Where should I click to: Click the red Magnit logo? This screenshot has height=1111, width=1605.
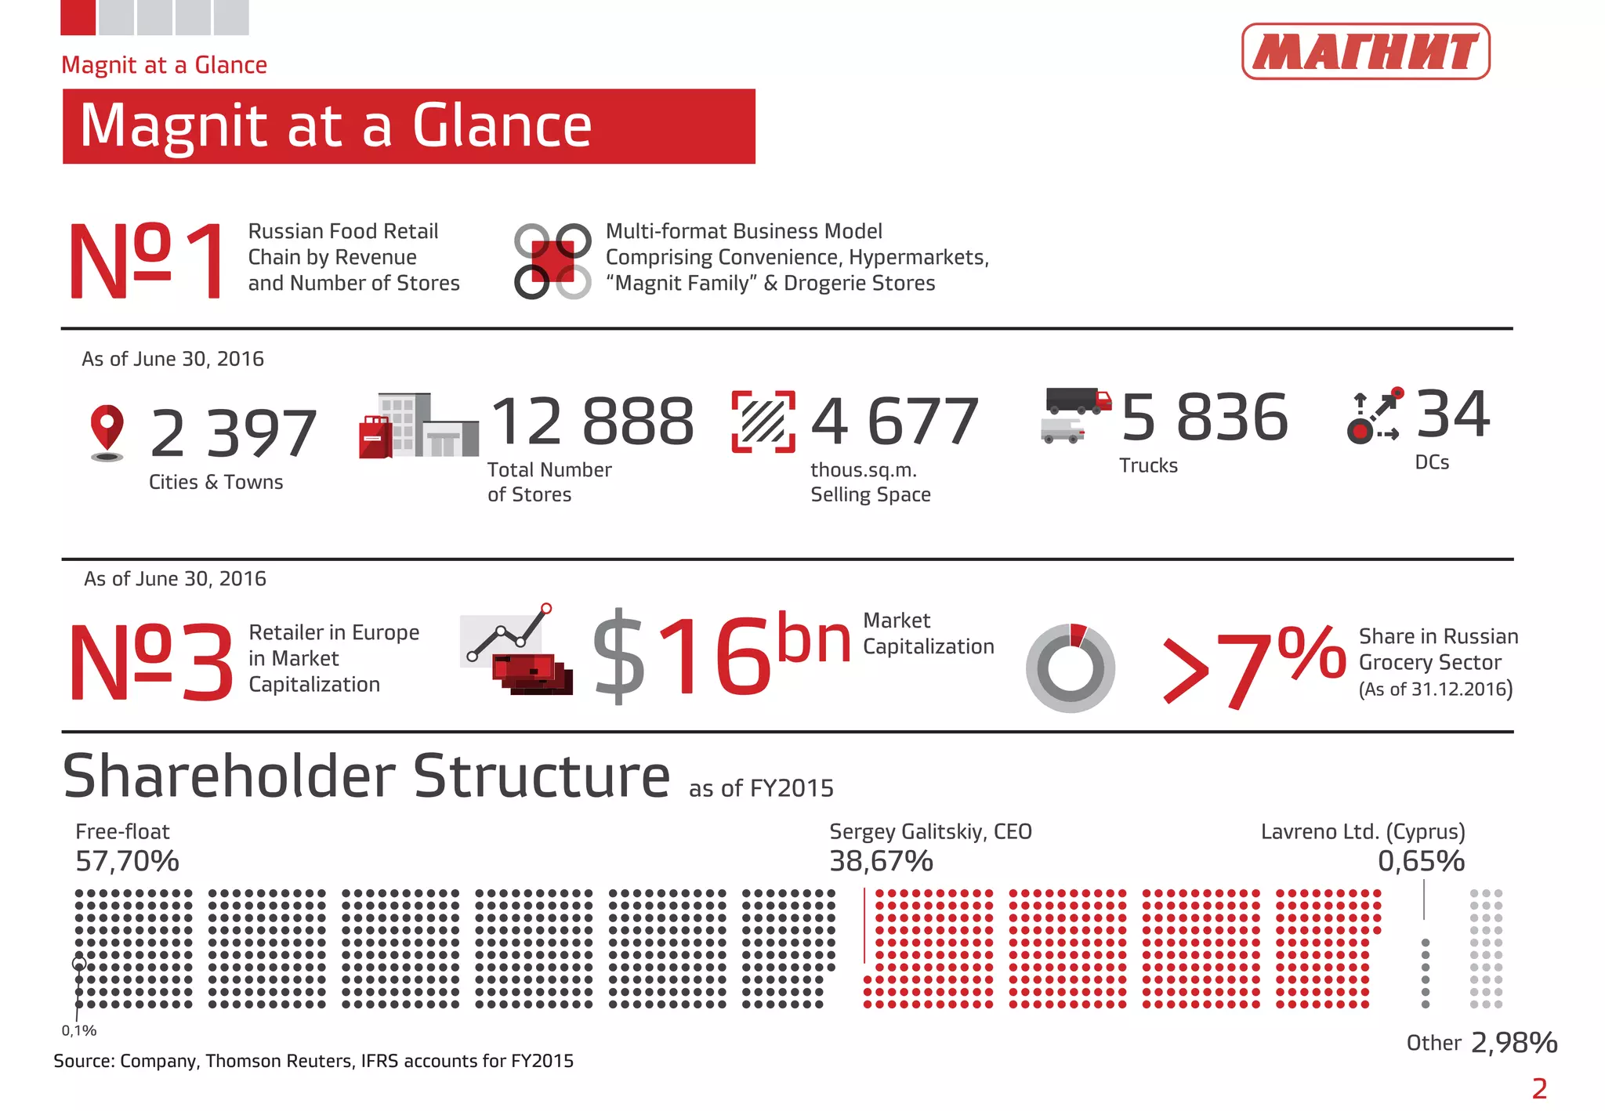click(x=1365, y=52)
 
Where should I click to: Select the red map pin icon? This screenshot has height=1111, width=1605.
click(x=107, y=428)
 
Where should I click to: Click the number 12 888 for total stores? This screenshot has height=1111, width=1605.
click(x=592, y=422)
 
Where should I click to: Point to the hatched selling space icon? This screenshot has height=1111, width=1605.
click(x=763, y=422)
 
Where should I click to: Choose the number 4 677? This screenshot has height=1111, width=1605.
click(x=894, y=422)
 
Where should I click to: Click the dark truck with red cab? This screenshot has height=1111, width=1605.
click(x=1078, y=400)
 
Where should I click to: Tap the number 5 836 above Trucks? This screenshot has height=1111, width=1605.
click(x=1205, y=418)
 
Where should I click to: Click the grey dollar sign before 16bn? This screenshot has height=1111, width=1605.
click(x=619, y=657)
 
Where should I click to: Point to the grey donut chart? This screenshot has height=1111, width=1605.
click(x=1070, y=668)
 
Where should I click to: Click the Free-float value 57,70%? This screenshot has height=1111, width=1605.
click(x=127, y=861)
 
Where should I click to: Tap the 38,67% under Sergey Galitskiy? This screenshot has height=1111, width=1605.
click(x=881, y=861)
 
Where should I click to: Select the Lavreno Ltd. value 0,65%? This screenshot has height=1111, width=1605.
click(x=1421, y=861)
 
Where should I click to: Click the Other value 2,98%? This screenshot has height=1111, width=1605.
click(x=1513, y=1043)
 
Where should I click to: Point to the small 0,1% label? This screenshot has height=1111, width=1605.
click(x=79, y=1031)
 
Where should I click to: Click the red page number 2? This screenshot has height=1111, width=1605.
click(x=1539, y=1088)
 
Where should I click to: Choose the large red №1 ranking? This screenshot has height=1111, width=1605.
click(x=147, y=260)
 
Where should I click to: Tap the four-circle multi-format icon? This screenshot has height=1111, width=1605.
click(x=553, y=261)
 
